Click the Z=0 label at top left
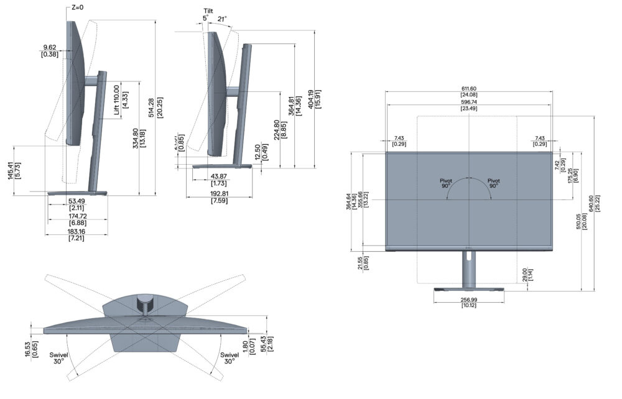tap(77, 7)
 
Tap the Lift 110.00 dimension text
tap(116, 99)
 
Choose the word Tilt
tap(208, 11)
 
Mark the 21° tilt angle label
tap(221, 19)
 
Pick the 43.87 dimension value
tap(218, 176)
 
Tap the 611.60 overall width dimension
tap(468, 88)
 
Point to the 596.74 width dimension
tap(468, 102)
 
